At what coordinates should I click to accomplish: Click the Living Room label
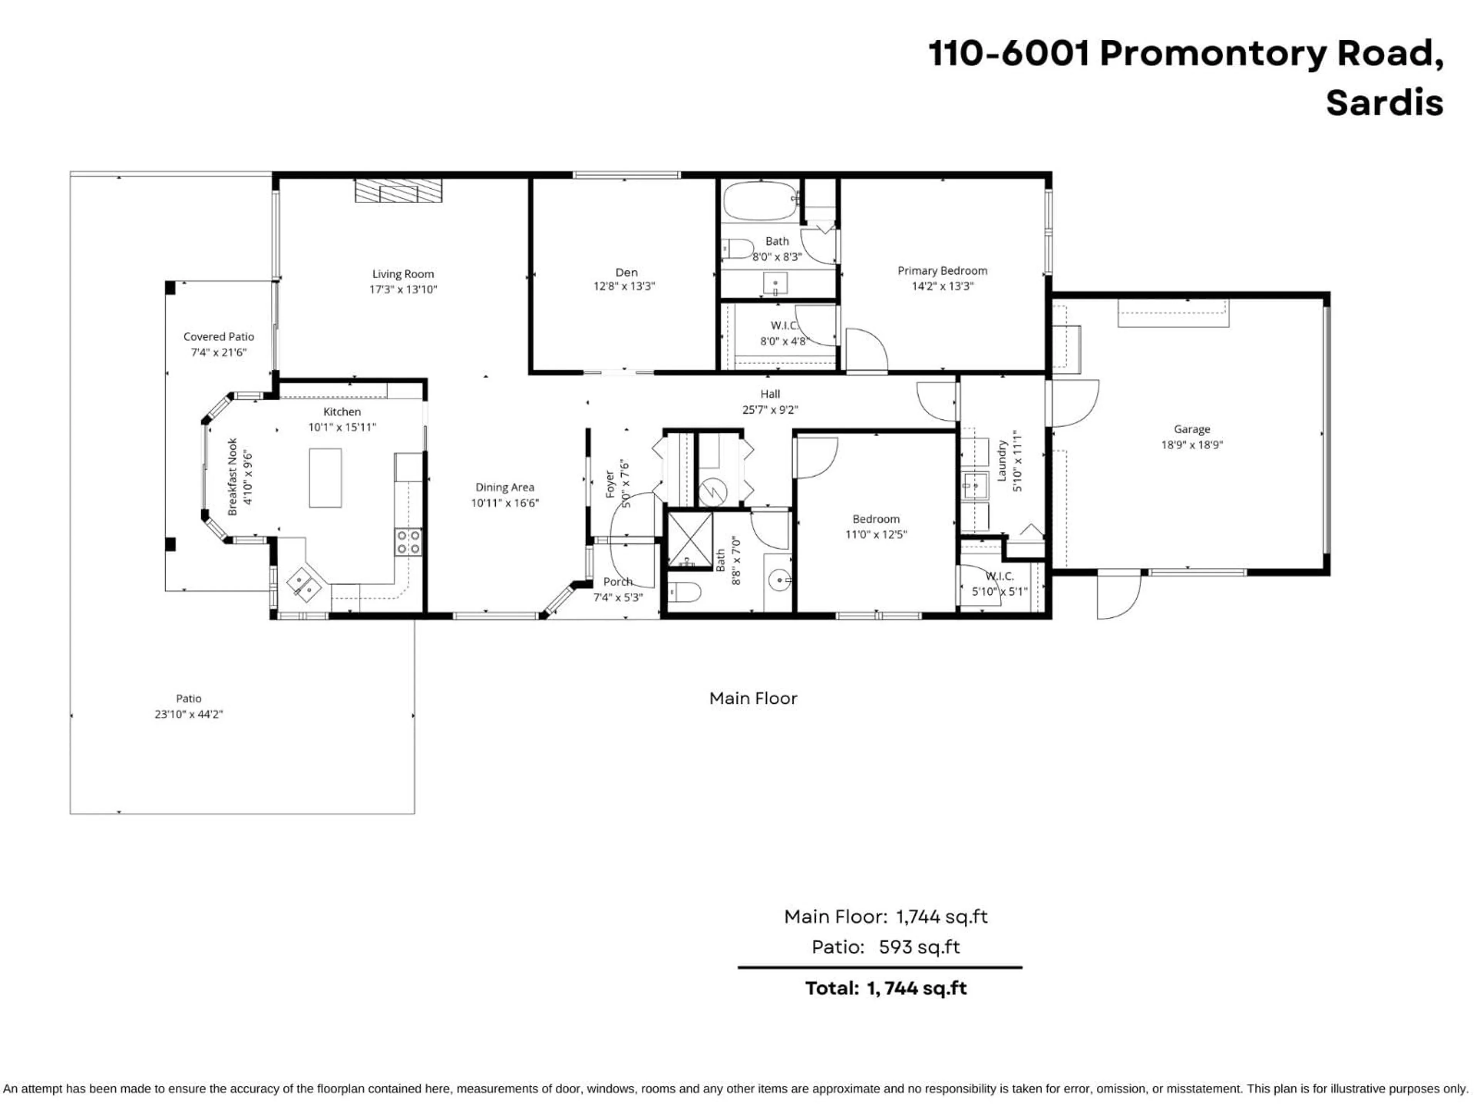click(x=403, y=274)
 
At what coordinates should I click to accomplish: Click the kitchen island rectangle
click(x=325, y=478)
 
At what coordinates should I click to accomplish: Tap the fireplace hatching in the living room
click(x=398, y=191)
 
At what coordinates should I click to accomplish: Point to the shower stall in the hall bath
click(x=690, y=540)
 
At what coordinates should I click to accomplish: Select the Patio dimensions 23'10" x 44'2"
click(x=189, y=714)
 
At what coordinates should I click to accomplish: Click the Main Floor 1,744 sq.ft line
click(x=885, y=917)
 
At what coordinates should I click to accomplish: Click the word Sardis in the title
click(x=1384, y=103)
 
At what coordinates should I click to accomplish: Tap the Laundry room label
click(x=1002, y=460)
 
